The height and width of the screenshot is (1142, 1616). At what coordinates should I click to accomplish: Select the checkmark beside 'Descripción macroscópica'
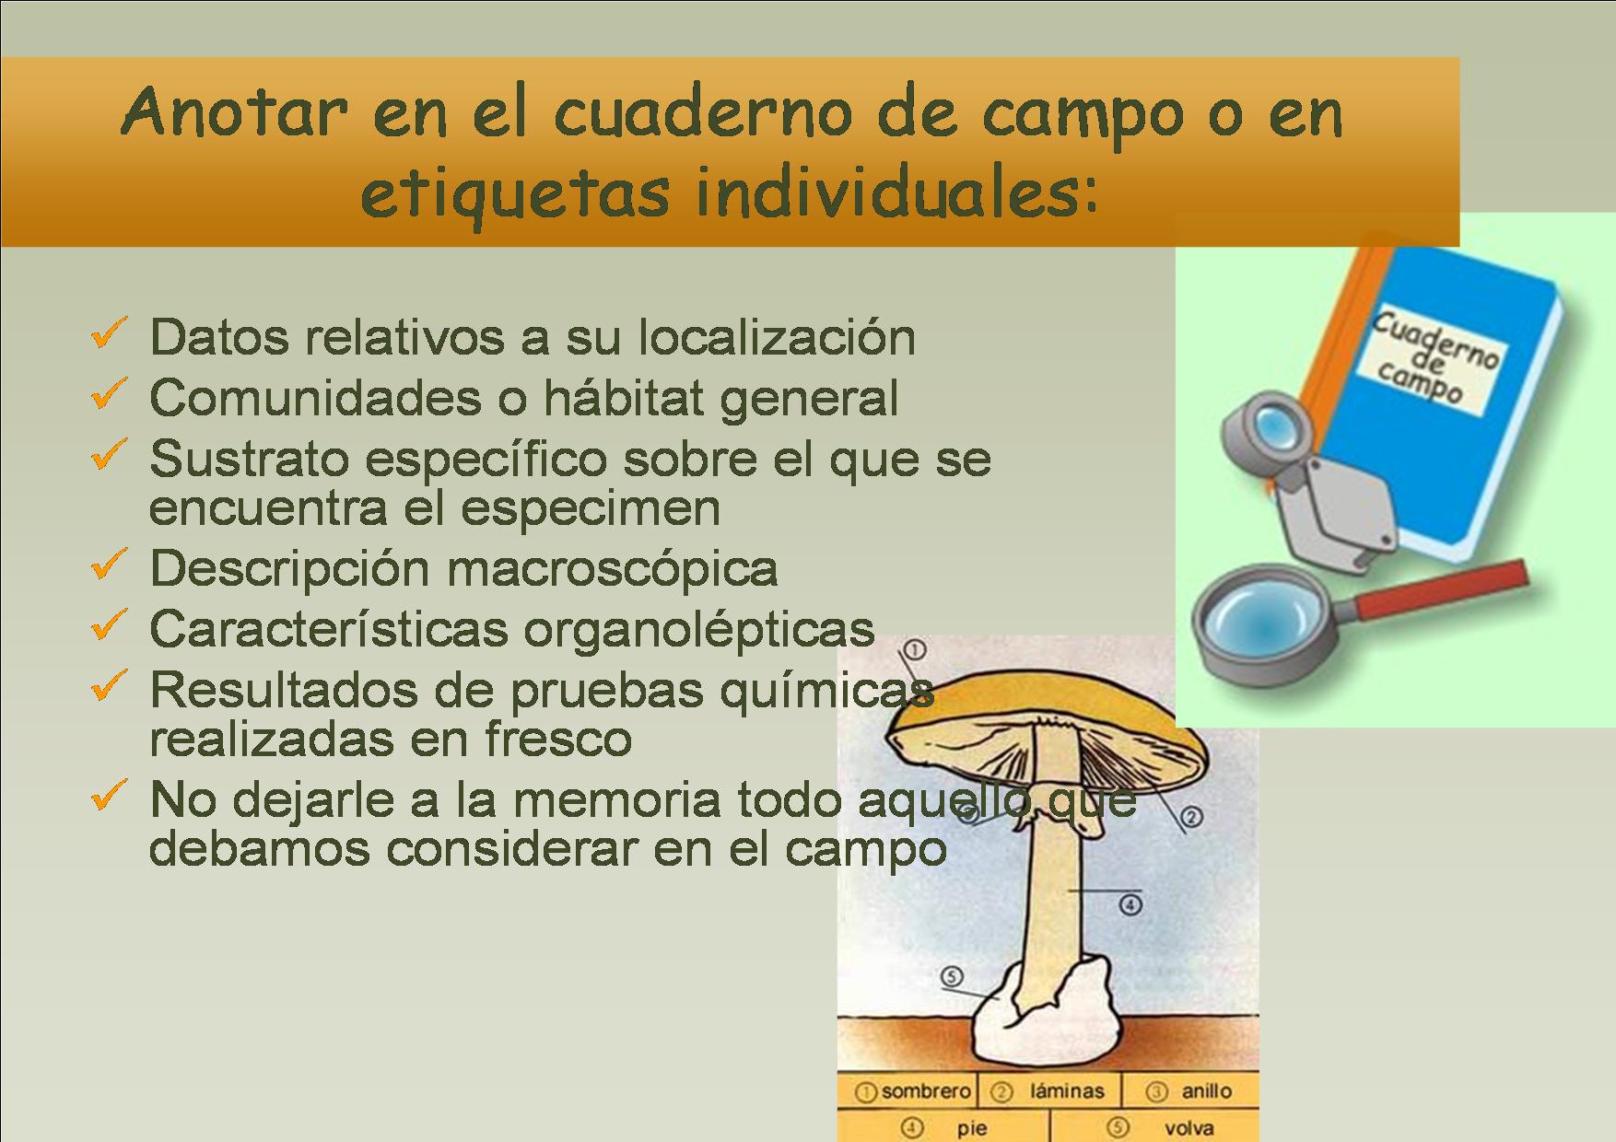[110, 564]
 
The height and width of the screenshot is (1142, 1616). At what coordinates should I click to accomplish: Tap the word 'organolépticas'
[699, 630]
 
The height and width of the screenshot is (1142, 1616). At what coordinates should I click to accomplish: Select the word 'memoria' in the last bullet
[616, 798]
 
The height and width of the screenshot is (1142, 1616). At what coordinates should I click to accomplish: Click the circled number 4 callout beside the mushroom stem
[1130, 905]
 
